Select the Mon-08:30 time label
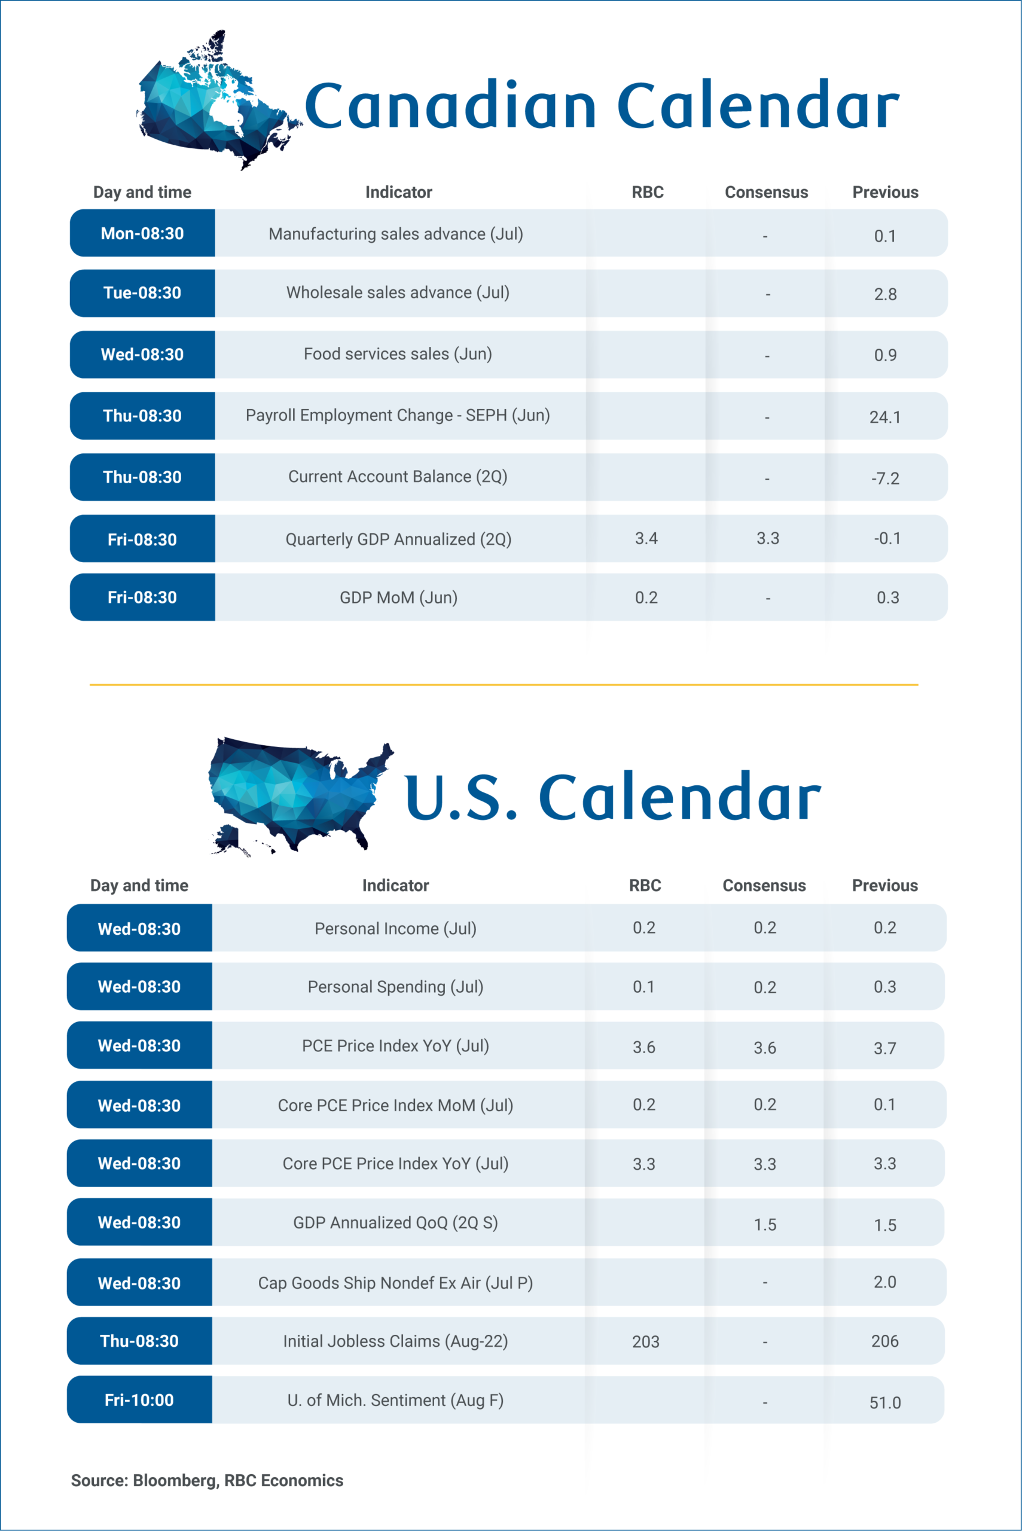click(x=142, y=233)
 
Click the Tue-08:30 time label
click(x=142, y=292)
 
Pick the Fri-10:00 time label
click(x=139, y=1400)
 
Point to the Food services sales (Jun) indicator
click(x=398, y=354)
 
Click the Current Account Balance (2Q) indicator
click(x=398, y=477)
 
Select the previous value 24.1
click(x=885, y=417)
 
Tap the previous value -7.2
click(x=885, y=478)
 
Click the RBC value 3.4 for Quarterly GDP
click(x=646, y=538)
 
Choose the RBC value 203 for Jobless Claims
click(x=645, y=1342)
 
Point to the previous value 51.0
click(x=885, y=1402)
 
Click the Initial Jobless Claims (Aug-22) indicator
click(x=395, y=1341)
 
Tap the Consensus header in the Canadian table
click(x=767, y=192)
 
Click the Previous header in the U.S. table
click(x=884, y=885)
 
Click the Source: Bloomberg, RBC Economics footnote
click(x=208, y=1481)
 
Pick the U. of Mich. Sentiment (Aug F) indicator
click(x=395, y=1400)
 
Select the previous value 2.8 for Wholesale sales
click(x=885, y=295)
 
